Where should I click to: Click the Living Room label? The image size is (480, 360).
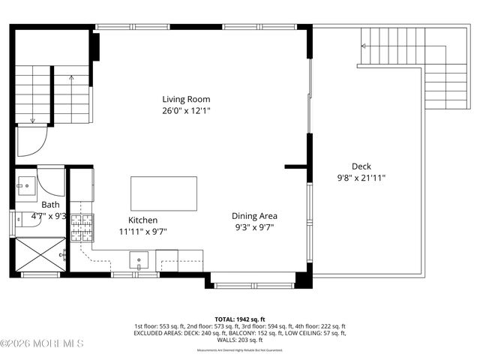186,99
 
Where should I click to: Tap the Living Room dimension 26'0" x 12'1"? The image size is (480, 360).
186,110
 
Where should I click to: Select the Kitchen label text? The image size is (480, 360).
142,220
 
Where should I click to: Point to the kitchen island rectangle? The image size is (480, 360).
164,193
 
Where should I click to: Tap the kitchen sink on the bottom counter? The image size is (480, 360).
139,261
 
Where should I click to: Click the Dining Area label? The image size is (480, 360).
254,215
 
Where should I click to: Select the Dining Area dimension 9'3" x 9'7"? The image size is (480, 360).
254,226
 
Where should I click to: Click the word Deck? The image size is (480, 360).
361,166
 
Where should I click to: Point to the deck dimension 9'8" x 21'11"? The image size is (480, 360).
361,178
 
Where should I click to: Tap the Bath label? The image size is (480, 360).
50,204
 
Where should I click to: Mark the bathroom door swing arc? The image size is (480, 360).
52,180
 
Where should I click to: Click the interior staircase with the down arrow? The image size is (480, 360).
34,94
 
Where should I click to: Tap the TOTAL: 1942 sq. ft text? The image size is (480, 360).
239,319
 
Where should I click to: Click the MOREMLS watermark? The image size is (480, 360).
42,343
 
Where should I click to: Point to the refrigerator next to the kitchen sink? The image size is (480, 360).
167,261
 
